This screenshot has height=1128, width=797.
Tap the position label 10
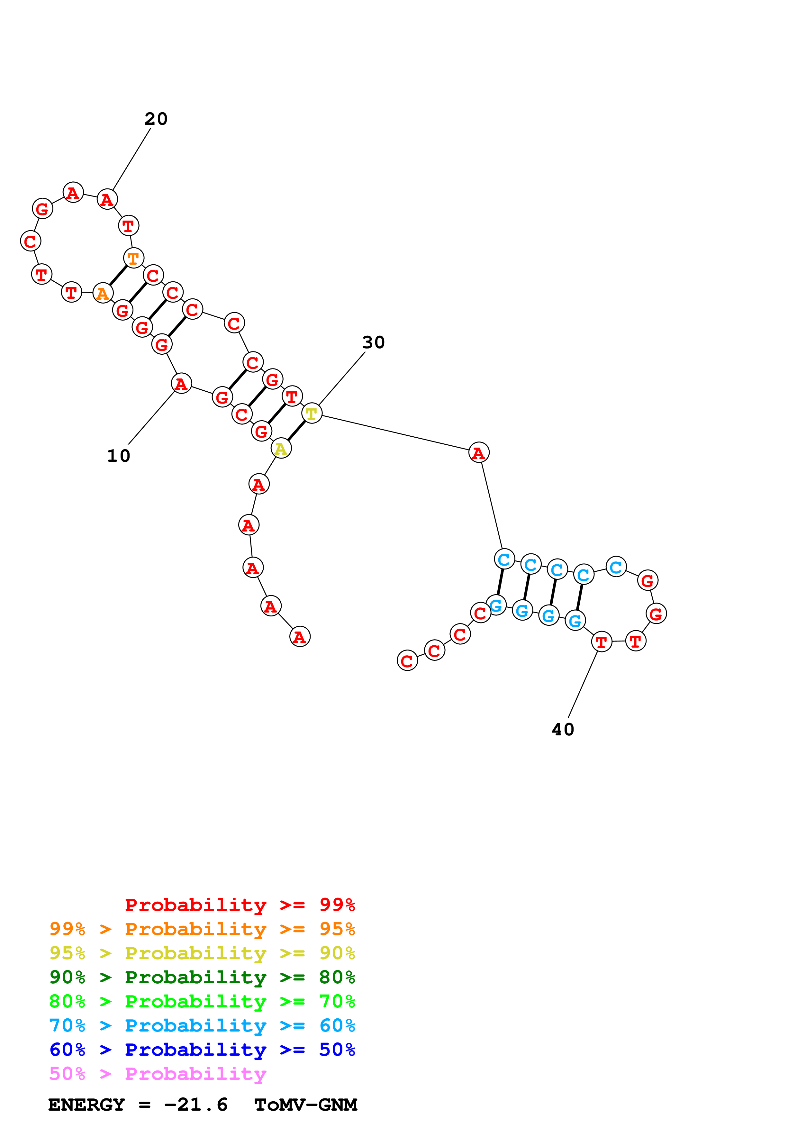(x=119, y=456)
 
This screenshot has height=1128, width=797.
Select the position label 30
(x=373, y=342)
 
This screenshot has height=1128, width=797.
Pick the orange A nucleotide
(x=103, y=293)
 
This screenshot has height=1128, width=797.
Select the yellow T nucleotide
(x=311, y=414)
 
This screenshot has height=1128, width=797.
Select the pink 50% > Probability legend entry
(x=158, y=1074)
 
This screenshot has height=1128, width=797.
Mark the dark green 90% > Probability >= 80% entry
(x=202, y=978)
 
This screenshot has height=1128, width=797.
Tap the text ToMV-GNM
(x=305, y=1105)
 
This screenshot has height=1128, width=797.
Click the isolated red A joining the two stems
(x=478, y=452)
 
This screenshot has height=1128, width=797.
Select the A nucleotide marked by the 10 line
(x=181, y=384)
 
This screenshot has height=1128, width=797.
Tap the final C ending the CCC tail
(x=407, y=661)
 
